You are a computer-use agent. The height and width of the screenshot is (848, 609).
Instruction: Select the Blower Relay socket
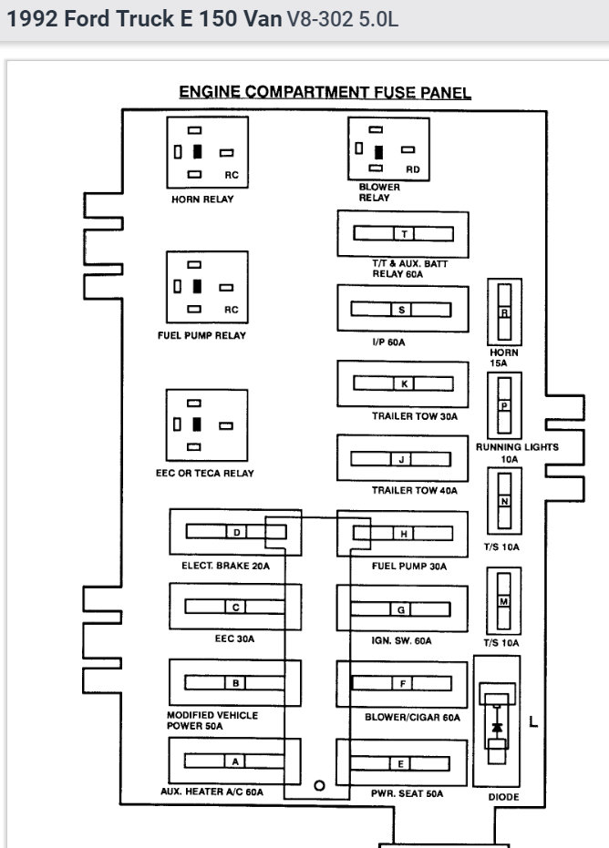(x=387, y=148)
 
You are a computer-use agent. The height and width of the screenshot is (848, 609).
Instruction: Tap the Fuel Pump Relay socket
(x=207, y=286)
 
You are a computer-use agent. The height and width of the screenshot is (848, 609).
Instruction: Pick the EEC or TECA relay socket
(x=207, y=424)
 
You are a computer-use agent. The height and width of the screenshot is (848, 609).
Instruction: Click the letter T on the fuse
(x=402, y=234)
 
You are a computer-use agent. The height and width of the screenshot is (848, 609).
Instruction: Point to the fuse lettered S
(x=402, y=310)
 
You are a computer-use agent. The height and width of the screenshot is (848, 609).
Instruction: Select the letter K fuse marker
(x=402, y=384)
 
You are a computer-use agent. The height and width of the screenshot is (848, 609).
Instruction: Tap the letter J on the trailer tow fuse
(x=402, y=459)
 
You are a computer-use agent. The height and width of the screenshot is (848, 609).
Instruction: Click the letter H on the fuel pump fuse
(x=402, y=533)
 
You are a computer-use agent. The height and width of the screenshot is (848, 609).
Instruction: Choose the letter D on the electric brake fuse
(x=235, y=532)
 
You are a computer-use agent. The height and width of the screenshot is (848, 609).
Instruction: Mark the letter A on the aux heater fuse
(x=235, y=761)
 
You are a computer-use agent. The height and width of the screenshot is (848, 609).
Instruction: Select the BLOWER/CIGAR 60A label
(x=412, y=718)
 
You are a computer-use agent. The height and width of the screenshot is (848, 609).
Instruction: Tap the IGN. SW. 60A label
(x=402, y=641)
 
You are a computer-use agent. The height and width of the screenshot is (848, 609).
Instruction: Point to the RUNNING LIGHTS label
(x=516, y=447)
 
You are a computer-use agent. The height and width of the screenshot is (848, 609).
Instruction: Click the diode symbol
(x=497, y=727)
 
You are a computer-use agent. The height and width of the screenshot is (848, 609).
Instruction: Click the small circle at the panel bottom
(x=319, y=785)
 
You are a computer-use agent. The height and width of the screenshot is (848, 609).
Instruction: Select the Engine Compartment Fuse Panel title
(x=325, y=92)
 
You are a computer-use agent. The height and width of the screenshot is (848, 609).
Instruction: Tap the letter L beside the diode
(x=533, y=723)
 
